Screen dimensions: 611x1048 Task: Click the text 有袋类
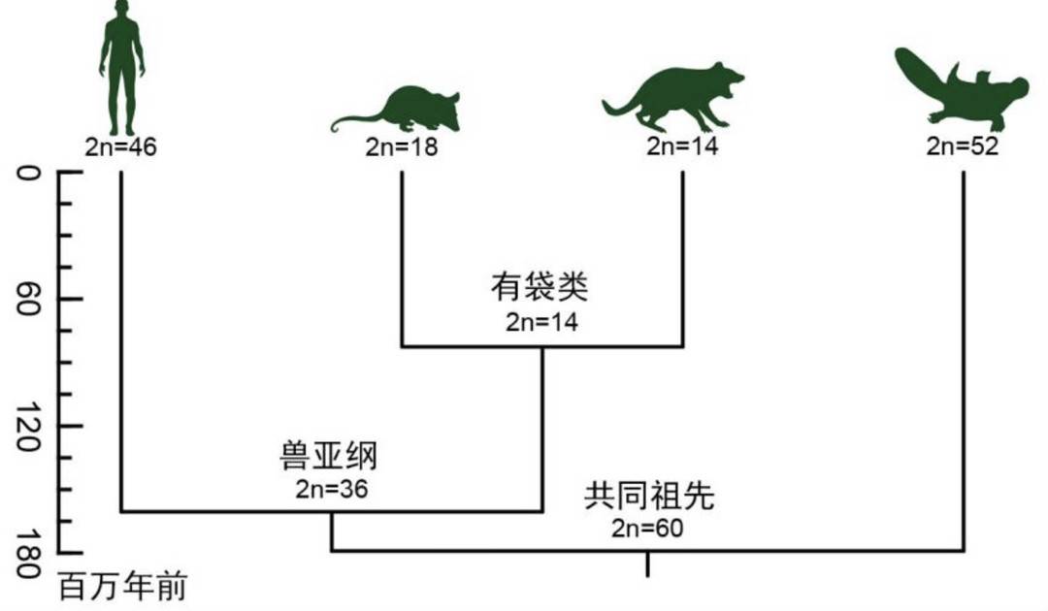[541, 288]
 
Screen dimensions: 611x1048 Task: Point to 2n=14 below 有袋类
[541, 322]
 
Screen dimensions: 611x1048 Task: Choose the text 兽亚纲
[332, 455]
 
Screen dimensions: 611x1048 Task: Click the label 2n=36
[332, 487]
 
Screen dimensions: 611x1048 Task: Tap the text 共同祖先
[648, 497]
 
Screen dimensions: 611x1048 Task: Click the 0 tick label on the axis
[28, 175]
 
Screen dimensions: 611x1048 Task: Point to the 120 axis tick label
[28, 428]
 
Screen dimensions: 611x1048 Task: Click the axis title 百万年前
[122, 588]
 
